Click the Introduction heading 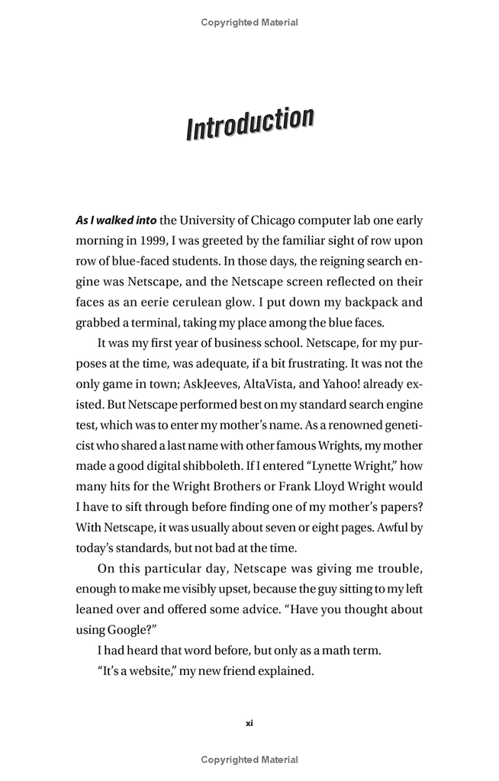click(x=250, y=124)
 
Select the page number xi click(x=250, y=723)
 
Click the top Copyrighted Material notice click(x=250, y=22)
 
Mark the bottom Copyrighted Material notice click(x=250, y=760)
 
